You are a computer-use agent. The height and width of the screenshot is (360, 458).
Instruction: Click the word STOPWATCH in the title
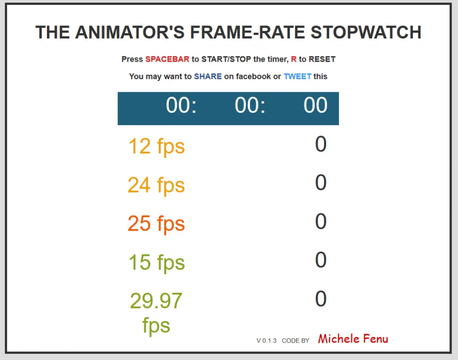[366, 32]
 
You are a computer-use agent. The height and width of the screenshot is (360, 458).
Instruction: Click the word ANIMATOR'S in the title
[130, 32]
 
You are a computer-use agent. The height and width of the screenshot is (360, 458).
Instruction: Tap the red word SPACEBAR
[167, 59]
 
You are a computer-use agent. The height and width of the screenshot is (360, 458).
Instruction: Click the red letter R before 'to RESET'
[293, 59]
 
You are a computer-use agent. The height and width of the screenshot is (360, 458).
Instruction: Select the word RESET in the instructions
[322, 59]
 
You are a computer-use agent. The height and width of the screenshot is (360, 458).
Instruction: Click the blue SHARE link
[208, 76]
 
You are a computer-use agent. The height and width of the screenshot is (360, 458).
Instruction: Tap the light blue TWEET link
[297, 76]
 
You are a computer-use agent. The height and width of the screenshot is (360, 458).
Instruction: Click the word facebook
[253, 76]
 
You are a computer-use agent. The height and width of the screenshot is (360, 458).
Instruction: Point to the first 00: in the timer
[181, 105]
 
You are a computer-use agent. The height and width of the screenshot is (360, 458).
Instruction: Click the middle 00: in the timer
[250, 105]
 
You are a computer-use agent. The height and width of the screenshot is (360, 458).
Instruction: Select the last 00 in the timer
[315, 105]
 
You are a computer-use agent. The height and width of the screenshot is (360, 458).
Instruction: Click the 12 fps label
[157, 147]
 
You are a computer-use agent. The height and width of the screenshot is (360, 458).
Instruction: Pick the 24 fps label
[156, 186]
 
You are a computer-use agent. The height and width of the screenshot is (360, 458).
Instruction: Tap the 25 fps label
[156, 224]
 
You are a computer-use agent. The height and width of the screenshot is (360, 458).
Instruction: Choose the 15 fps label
[157, 263]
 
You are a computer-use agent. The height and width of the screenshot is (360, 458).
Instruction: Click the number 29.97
[156, 301]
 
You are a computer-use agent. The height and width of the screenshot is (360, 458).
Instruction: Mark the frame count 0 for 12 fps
[321, 144]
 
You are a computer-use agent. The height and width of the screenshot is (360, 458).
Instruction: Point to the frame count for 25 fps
[321, 221]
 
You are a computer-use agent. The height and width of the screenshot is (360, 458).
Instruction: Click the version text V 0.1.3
[267, 341]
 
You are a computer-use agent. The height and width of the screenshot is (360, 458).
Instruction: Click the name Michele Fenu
[353, 339]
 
